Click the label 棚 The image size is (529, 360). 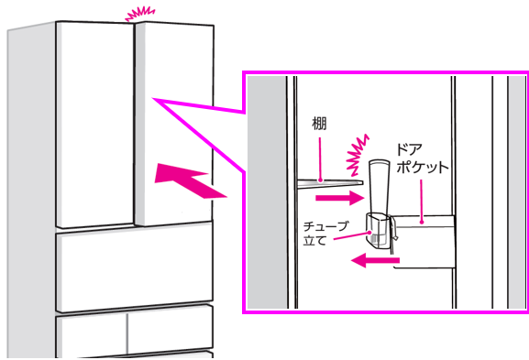319,124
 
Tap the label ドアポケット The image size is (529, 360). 422,158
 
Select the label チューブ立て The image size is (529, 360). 325,234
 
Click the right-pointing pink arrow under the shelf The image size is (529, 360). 339,198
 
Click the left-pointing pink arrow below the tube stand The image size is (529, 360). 375,260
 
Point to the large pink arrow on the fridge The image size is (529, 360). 190,180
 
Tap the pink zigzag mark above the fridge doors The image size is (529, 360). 139,14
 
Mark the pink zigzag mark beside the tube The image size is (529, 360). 358,156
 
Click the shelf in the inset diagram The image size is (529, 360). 330,182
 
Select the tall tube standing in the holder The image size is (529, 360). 380,188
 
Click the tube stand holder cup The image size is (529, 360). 380,229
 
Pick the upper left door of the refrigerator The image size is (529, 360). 95,125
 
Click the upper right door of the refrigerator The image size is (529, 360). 174,125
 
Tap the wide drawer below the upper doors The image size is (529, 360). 134,267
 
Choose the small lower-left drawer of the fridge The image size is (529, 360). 92,334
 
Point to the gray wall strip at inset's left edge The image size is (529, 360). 267,191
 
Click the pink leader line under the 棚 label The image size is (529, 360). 320,157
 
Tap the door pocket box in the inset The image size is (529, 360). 424,242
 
